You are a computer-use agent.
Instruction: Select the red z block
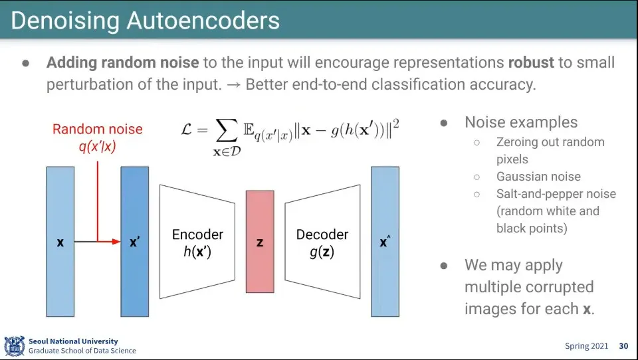(x=260, y=242)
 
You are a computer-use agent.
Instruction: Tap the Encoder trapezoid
(x=197, y=242)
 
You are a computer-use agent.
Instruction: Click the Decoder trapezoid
(x=322, y=242)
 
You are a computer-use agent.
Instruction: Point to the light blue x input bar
(x=60, y=242)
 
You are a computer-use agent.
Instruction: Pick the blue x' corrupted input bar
(x=135, y=242)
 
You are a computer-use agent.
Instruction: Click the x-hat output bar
(x=385, y=242)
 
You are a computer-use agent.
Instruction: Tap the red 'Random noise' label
(x=97, y=129)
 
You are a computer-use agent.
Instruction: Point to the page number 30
(x=623, y=346)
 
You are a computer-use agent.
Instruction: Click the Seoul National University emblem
(x=14, y=346)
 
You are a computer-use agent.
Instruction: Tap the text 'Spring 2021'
(x=587, y=346)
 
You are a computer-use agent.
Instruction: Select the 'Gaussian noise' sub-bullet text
(x=538, y=177)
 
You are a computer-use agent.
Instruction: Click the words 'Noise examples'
(x=521, y=122)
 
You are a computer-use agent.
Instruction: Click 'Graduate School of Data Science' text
(x=82, y=351)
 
